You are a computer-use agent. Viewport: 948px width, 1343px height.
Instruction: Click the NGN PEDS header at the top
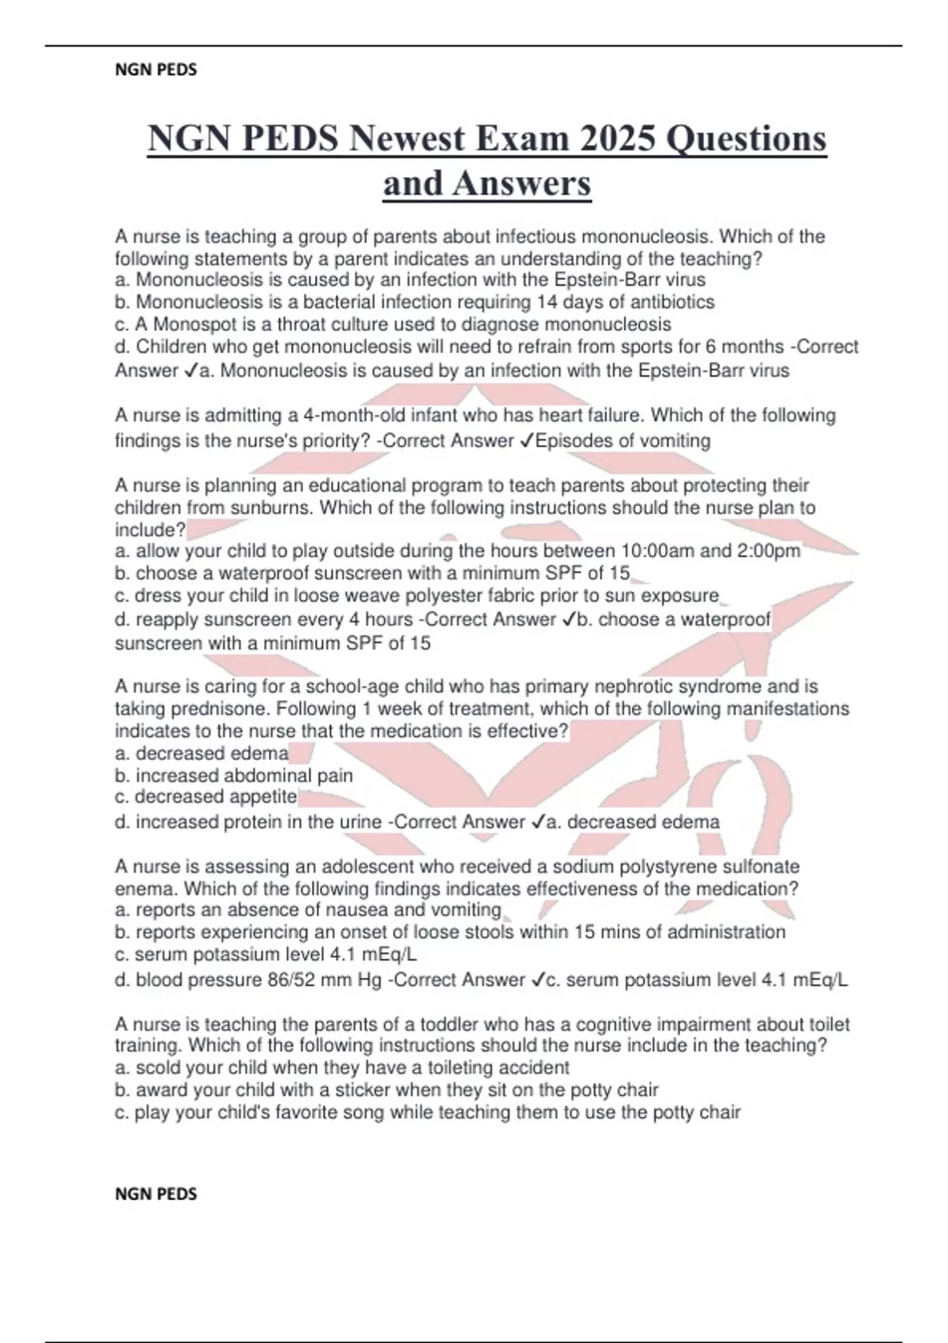(156, 70)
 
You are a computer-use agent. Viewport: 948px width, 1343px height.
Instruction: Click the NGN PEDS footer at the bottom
(156, 1194)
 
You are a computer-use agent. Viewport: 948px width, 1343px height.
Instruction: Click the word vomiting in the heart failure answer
(675, 441)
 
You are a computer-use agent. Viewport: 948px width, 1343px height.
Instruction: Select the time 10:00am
(658, 551)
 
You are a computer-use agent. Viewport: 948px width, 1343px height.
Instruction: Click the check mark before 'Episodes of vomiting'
(526, 441)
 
